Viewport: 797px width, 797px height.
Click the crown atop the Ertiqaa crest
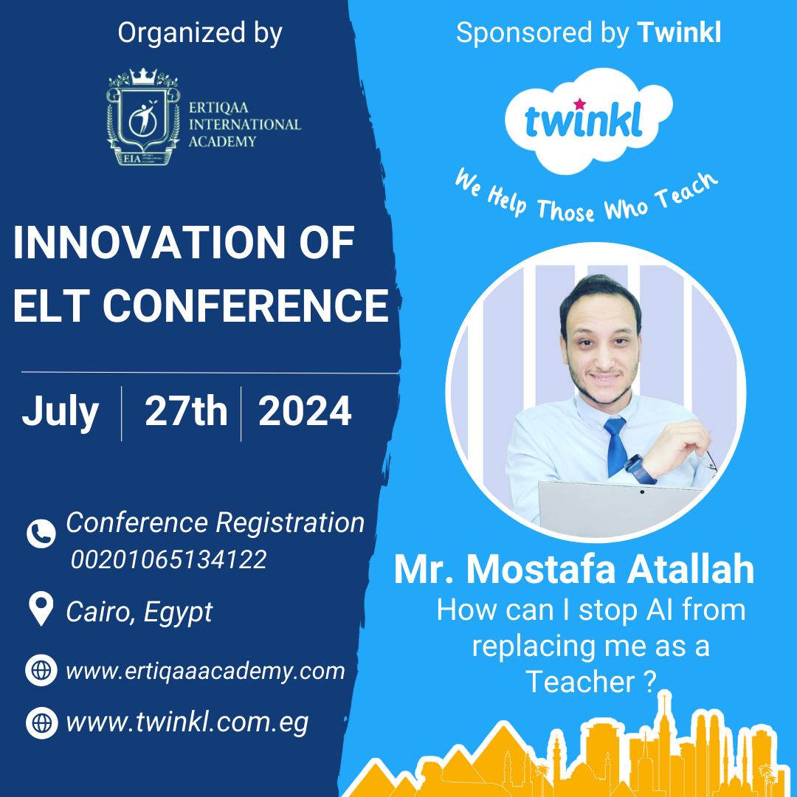click(x=143, y=76)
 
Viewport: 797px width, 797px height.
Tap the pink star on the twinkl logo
click(x=579, y=104)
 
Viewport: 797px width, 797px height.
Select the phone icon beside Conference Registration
click(x=41, y=534)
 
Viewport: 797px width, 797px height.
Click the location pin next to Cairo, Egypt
click(x=41, y=608)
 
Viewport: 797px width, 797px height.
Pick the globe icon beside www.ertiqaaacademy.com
click(x=41, y=670)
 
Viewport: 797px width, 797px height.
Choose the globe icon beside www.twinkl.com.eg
click(x=41, y=722)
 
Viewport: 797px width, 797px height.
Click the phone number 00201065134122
click(x=169, y=559)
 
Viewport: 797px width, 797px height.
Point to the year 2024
click(x=305, y=411)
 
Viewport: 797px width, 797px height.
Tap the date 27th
click(x=186, y=411)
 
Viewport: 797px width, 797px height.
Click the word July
click(x=60, y=413)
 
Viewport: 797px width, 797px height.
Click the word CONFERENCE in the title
click(x=246, y=306)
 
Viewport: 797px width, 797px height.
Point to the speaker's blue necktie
click(x=615, y=446)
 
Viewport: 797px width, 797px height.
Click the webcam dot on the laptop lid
click(x=642, y=491)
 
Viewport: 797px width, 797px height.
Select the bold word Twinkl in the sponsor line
click(x=679, y=32)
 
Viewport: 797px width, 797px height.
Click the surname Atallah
click(x=691, y=570)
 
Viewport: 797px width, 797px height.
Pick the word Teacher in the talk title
click(x=581, y=682)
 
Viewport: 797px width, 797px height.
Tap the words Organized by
click(x=200, y=34)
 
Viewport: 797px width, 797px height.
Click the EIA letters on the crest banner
click(x=131, y=159)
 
